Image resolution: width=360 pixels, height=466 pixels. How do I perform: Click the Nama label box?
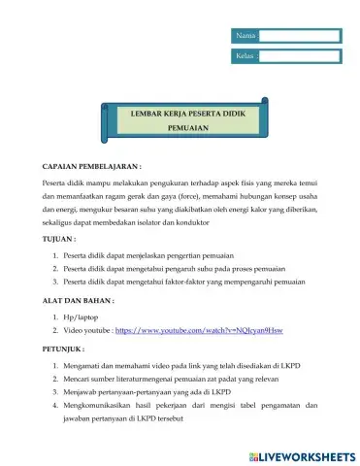click(x=245, y=36)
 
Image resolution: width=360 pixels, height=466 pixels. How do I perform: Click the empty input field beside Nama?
click(x=300, y=36)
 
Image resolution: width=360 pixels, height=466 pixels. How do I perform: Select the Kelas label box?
click(x=245, y=56)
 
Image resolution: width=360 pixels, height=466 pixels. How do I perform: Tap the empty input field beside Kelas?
click(x=300, y=56)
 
